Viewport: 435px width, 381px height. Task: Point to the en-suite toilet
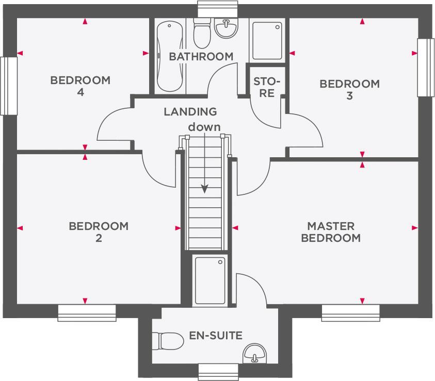tap(168, 341)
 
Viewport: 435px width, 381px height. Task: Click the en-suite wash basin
tap(254, 354)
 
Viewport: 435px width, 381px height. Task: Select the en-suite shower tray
tap(210, 281)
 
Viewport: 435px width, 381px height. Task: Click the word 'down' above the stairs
tap(204, 127)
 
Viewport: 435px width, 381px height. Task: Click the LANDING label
tap(190, 111)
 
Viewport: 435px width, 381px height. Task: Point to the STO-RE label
tap(267, 88)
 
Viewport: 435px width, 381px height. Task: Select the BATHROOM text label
tap(201, 56)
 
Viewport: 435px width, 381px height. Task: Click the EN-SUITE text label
tap(216, 336)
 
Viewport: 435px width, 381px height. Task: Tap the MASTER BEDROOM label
tap(331, 232)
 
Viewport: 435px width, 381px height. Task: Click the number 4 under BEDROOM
tap(80, 92)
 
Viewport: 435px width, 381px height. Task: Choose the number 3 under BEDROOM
tap(349, 96)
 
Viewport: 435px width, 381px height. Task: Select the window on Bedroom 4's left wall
tap(9, 86)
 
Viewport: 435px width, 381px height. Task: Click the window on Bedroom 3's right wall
tap(426, 68)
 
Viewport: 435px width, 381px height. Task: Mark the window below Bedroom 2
tap(87, 312)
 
